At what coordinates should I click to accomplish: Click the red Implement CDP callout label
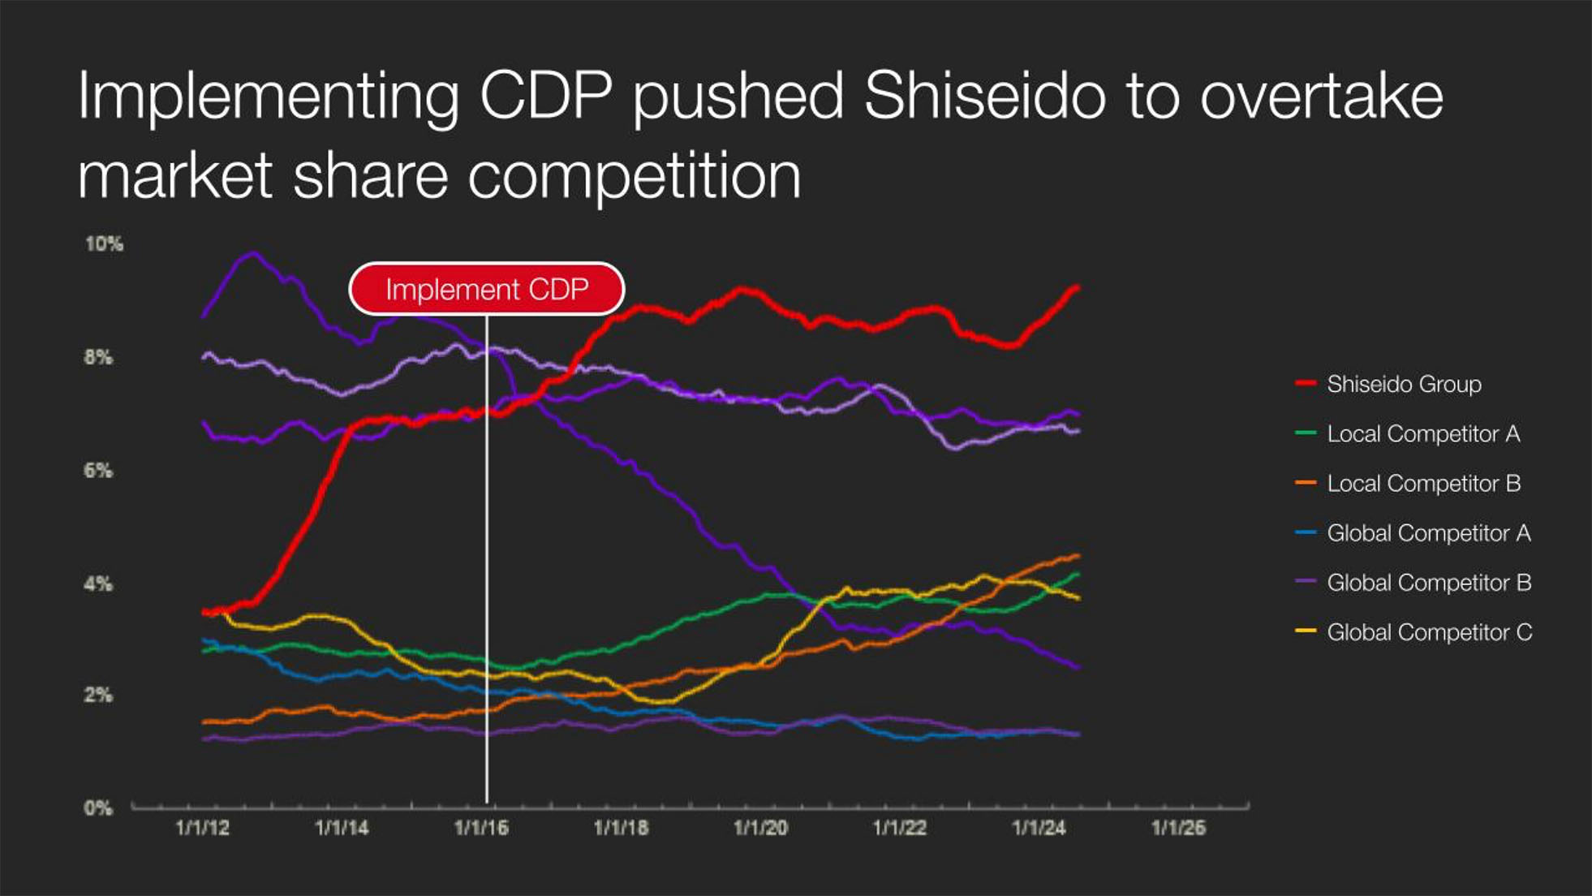pos(487,289)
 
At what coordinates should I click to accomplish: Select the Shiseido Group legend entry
pos(1404,384)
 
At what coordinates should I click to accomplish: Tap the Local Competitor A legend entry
pos(1422,433)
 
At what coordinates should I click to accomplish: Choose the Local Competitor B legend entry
pos(1423,484)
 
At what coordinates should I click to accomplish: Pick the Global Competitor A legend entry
pos(1428,533)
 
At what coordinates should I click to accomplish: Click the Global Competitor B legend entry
pos(1428,583)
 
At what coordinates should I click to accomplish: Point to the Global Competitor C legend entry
pos(1429,632)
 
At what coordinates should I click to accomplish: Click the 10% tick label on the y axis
pos(104,243)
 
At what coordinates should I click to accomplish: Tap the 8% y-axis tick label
pos(98,357)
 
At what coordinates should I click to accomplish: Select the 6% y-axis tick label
pos(98,471)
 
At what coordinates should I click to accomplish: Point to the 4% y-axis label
pos(98,584)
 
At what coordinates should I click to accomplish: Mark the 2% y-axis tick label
pos(98,696)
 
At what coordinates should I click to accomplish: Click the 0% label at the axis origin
pos(98,808)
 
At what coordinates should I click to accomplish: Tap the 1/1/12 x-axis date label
pos(202,828)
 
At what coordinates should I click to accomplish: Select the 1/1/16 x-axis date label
pos(481,828)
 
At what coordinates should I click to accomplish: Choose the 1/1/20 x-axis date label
pos(760,828)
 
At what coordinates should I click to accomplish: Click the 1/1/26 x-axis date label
pos(1178,828)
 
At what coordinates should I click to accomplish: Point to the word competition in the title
pos(635,176)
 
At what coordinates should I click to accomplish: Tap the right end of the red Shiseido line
pos(1077,287)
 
